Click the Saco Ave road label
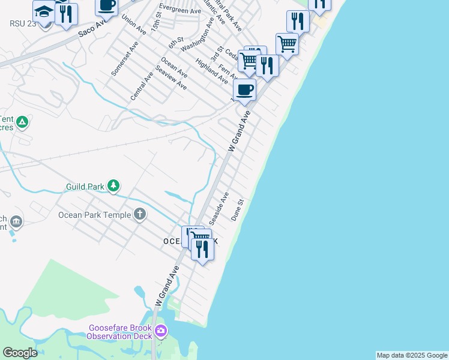click(92, 28)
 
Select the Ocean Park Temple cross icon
click(140, 214)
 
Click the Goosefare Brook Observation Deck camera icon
click(160, 331)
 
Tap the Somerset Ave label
click(125, 58)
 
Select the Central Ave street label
click(142, 86)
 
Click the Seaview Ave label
click(170, 79)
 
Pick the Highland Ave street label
click(211, 71)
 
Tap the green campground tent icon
click(22, 123)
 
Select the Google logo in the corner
click(20, 352)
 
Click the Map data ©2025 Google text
click(412, 355)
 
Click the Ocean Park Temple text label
click(94, 215)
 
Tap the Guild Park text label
click(85, 187)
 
